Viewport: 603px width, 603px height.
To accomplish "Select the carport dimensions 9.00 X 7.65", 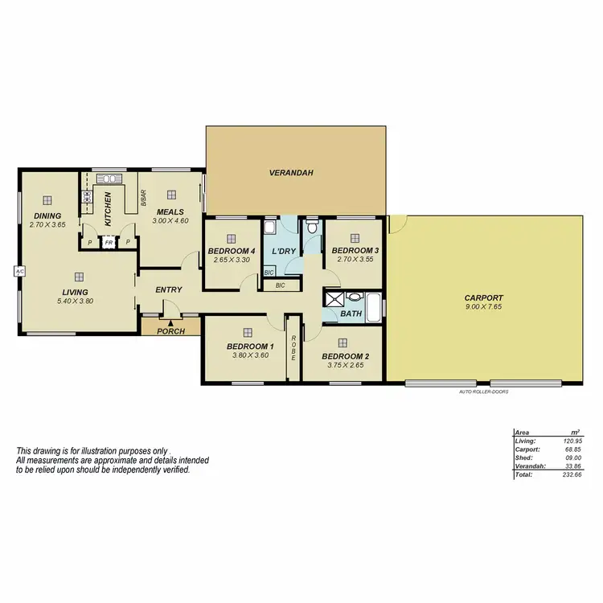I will (484, 306).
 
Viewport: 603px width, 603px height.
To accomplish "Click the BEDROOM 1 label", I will (249, 346).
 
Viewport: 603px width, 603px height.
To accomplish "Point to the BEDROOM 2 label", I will (346, 356).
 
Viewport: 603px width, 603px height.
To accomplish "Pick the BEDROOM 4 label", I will (231, 251).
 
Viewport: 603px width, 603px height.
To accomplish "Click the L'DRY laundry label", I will (284, 252).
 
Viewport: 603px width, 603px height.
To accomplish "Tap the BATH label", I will (351, 314).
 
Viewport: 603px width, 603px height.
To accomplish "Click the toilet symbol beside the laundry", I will (312, 228).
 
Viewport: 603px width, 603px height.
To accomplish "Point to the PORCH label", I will (170, 330).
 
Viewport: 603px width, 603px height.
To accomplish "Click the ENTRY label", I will (169, 289).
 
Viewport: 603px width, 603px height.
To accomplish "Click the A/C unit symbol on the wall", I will (19, 273).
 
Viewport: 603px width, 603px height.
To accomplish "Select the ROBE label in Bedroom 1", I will (294, 347).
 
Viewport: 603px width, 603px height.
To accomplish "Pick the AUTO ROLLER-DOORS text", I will (483, 392).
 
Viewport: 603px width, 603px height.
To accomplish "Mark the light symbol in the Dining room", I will (47, 200).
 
